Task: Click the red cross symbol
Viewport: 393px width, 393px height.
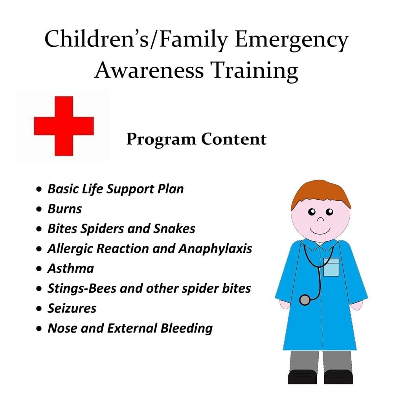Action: pyautogui.click(x=64, y=126)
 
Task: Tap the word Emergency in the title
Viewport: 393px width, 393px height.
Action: pyautogui.click(x=292, y=40)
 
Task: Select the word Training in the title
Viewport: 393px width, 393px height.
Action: pyautogui.click(x=254, y=71)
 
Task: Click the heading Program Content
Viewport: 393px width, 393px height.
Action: pyautogui.click(x=196, y=139)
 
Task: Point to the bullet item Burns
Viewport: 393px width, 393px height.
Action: pyautogui.click(x=65, y=209)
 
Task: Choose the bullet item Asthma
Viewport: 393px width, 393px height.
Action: pyautogui.click(x=71, y=268)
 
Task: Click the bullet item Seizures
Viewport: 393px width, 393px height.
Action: pyautogui.click(x=72, y=308)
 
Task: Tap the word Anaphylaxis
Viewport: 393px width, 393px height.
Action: pyautogui.click(x=215, y=249)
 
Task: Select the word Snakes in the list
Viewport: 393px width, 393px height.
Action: pyautogui.click(x=174, y=229)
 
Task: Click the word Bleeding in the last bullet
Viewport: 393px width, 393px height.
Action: pyautogui.click(x=187, y=329)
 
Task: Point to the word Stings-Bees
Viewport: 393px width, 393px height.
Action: pyautogui.click(x=82, y=289)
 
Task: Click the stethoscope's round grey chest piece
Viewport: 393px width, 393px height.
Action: pyautogui.click(x=305, y=300)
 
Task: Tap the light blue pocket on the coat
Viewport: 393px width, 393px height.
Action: pyautogui.click(x=331, y=267)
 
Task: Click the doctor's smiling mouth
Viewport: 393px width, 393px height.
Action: pyautogui.click(x=320, y=231)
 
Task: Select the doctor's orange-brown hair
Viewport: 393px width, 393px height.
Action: pyautogui.click(x=321, y=194)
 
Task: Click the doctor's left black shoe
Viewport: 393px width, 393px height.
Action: pyautogui.click(x=303, y=377)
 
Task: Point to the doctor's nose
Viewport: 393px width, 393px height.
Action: pyautogui.click(x=321, y=220)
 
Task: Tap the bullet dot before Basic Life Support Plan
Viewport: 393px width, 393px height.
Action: pyautogui.click(x=39, y=189)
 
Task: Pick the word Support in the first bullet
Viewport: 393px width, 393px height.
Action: pyautogui.click(x=130, y=189)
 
